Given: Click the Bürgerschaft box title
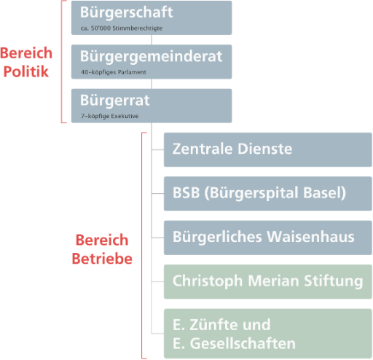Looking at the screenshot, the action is [126, 12].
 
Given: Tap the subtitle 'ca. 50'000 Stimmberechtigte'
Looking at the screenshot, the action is [122, 28].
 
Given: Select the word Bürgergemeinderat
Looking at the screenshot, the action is [151, 57].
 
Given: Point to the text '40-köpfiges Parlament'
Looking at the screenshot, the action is [114, 72].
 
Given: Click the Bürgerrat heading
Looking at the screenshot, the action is [115, 101].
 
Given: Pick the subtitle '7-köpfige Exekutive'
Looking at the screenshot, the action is [110, 116].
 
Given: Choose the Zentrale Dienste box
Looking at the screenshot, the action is [268, 149].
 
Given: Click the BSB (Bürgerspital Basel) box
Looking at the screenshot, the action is [268, 194].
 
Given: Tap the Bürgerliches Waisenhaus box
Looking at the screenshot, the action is [268, 238].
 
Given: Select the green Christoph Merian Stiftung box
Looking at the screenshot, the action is [268, 282].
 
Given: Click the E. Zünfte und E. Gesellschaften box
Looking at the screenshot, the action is [268, 334].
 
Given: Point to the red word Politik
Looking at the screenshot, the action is [26, 71].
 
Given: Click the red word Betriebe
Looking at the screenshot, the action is [102, 259].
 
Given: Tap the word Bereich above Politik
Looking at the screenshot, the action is [26, 53].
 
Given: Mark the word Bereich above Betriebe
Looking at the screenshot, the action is [102, 240].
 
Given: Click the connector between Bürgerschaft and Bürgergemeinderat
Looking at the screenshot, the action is [152, 39].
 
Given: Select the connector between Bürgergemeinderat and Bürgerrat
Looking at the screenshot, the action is [152, 84].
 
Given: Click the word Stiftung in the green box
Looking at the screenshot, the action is [334, 281].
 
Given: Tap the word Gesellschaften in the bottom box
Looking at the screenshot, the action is [243, 343].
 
